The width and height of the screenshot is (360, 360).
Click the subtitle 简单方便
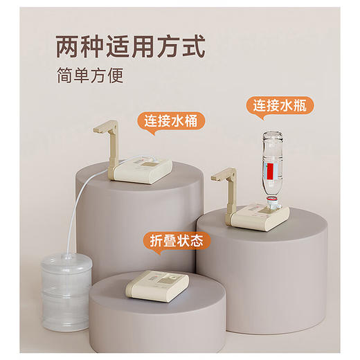90,75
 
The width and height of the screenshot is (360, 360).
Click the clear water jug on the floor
65,290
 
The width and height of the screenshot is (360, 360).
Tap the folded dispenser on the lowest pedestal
156,285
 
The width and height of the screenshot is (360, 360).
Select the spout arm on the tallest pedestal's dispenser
107,143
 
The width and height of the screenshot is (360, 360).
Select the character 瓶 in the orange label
304,106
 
